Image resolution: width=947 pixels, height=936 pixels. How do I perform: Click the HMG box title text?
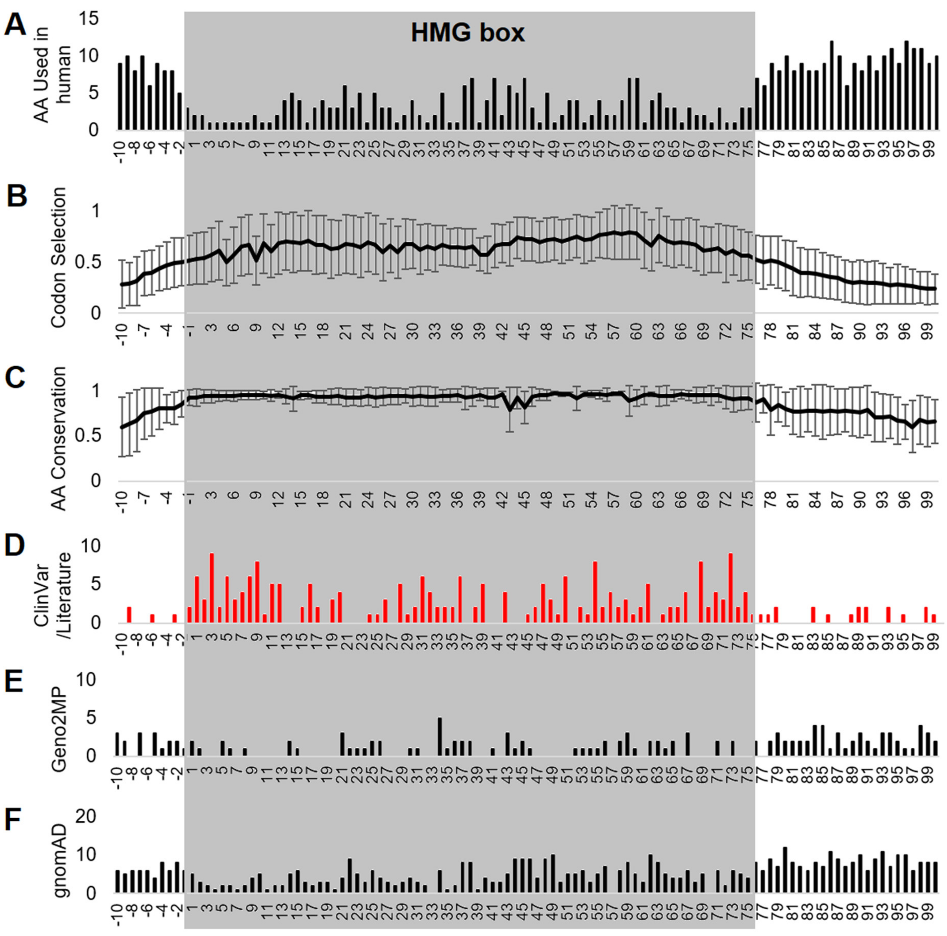468,33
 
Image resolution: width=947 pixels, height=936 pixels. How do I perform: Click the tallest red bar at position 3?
212,588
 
